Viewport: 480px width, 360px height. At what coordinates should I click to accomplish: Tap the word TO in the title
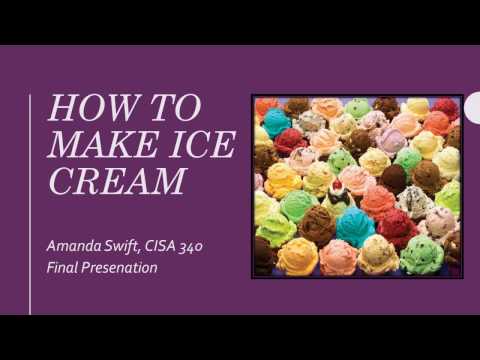click(x=172, y=107)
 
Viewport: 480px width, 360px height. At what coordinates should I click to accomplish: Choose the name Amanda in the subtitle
click(x=77, y=246)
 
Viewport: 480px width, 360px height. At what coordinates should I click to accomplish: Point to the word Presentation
click(x=127, y=267)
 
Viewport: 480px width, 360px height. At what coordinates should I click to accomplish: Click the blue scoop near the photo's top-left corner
click(x=276, y=124)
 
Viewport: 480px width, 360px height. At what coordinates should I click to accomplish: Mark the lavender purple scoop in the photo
click(x=374, y=120)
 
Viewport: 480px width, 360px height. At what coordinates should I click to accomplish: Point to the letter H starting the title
click(x=60, y=107)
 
